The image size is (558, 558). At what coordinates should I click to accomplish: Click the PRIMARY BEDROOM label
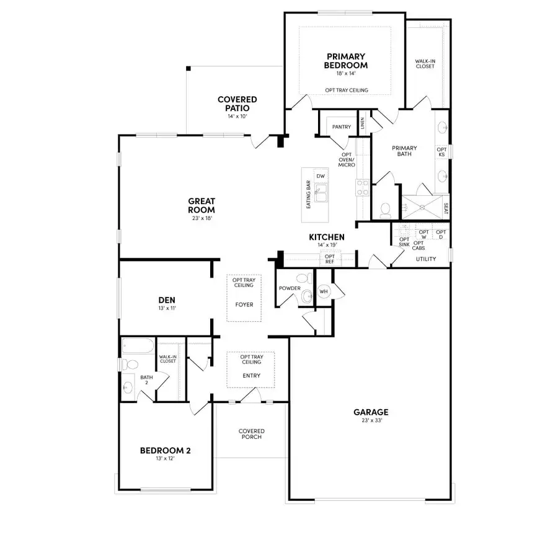pos(345,61)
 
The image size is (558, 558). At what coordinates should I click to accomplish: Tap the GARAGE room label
pos(371,412)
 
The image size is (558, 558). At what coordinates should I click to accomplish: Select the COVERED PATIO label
pos(237,103)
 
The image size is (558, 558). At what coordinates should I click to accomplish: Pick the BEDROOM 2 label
pos(165,451)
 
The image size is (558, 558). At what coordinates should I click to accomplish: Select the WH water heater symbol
pos(324,291)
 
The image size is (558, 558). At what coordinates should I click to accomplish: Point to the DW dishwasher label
pos(321,176)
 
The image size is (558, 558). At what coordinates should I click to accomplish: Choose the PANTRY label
pos(341,127)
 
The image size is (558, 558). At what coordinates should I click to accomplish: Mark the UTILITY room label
pos(425,259)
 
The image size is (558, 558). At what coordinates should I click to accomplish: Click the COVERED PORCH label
pos(252,434)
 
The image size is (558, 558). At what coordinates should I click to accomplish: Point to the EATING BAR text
pos(308,195)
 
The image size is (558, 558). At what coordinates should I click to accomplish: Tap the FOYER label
pos(244,304)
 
